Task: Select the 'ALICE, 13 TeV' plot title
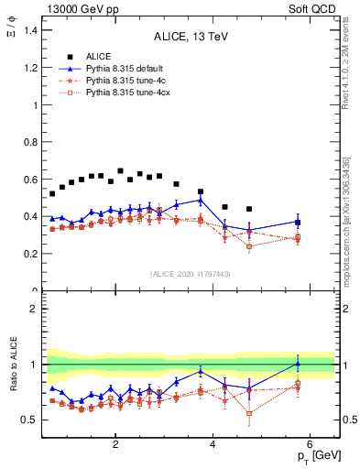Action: (191, 38)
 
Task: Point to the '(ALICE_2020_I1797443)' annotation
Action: (191, 274)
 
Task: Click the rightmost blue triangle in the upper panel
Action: (298, 222)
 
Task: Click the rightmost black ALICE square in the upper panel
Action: (249, 209)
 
